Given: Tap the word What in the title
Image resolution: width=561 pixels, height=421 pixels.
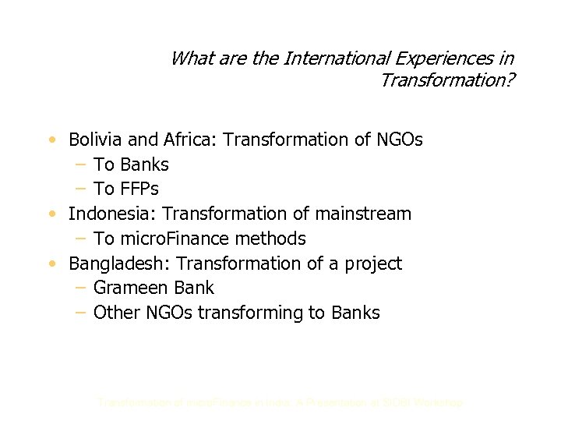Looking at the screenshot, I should [188, 58].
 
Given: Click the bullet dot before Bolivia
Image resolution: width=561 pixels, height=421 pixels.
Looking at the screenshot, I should [51, 141].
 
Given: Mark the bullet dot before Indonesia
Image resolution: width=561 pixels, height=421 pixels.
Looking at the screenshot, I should [51, 214].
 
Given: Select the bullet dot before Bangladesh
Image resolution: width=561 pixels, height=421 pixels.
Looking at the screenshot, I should [51, 264].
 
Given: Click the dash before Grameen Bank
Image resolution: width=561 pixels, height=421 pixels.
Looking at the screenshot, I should [80, 288].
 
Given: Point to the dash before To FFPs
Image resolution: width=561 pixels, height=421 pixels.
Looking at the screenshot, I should [80, 189].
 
